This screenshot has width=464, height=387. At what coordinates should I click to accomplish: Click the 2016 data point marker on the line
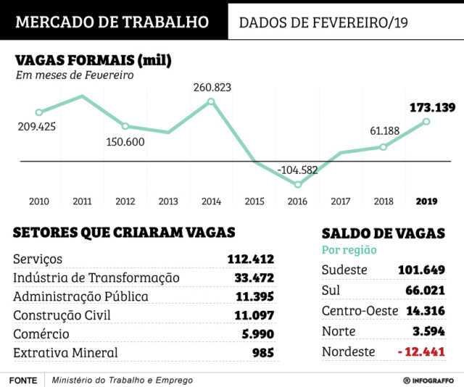297,185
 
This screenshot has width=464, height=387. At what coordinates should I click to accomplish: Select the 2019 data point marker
426,121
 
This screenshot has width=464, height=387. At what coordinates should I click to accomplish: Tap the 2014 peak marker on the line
211,101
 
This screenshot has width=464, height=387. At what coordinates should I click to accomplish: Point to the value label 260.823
212,88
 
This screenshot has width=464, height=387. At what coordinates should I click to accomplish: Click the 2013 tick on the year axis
168,201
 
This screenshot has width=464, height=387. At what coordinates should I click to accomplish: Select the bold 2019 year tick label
426,201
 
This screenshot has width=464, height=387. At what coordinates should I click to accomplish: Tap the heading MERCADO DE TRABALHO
112,21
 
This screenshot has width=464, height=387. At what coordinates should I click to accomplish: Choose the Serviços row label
38,259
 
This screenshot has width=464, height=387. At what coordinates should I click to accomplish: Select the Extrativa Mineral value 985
263,353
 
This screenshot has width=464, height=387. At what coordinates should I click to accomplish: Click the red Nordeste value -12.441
418,352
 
